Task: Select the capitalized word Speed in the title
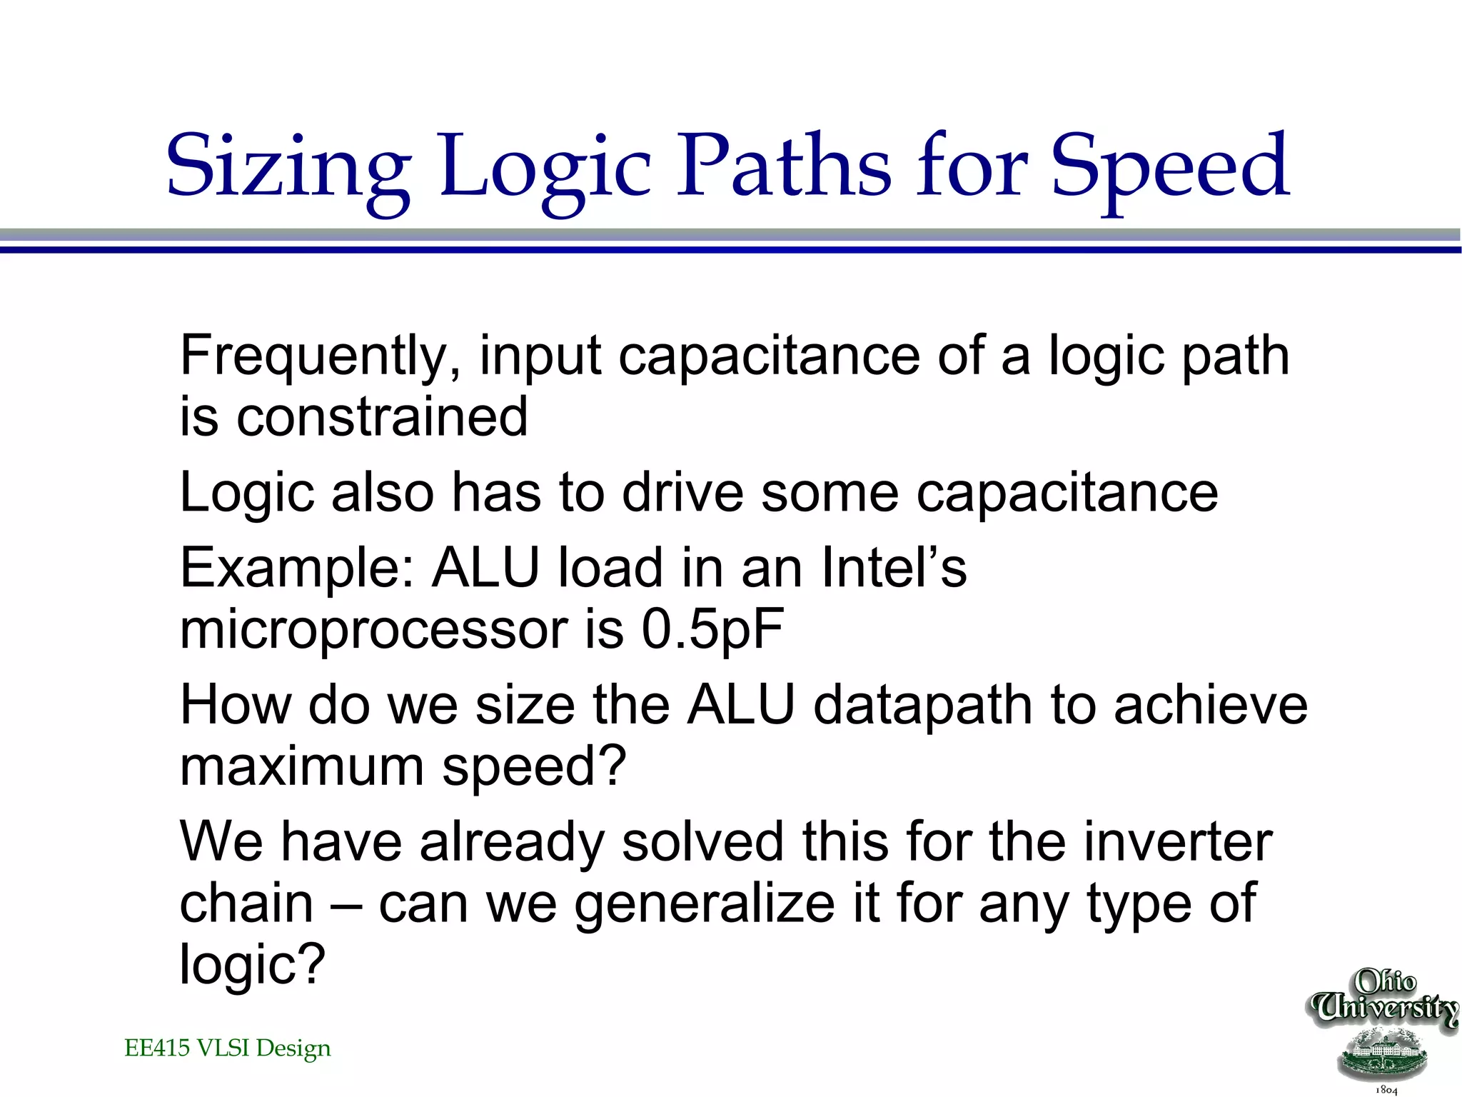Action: point(1171,168)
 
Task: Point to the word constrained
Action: point(383,417)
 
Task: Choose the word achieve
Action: point(1211,706)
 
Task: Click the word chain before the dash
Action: point(247,904)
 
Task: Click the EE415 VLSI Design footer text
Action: point(228,1048)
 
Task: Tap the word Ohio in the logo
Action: point(1386,981)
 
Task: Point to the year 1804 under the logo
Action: point(1386,1090)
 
